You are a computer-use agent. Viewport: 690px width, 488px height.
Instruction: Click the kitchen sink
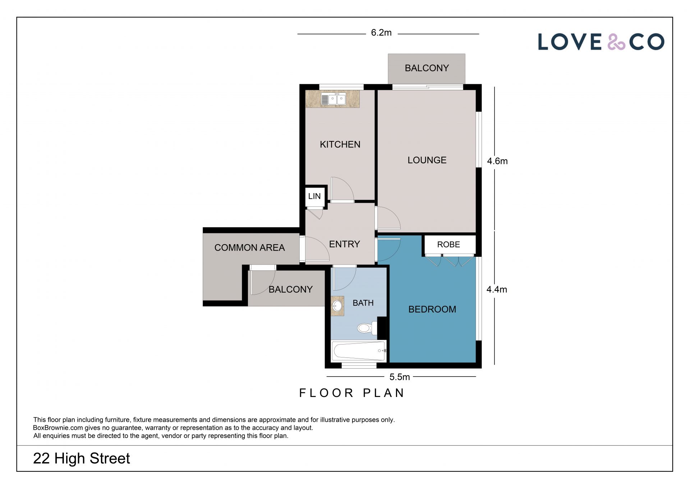[x=333, y=99]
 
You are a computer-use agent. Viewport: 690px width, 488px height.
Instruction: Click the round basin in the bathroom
[x=337, y=306]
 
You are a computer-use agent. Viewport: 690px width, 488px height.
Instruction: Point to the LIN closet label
[x=314, y=196]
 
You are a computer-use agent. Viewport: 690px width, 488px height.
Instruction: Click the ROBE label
[x=448, y=245]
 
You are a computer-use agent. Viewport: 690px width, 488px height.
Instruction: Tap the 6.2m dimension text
[x=381, y=33]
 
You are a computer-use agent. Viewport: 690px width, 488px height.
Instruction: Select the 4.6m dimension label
[x=497, y=161]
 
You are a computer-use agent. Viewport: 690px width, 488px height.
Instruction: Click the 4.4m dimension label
[x=497, y=289]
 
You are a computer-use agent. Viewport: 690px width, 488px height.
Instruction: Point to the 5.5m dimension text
[x=400, y=377]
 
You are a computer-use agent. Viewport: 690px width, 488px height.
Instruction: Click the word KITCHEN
[x=340, y=145]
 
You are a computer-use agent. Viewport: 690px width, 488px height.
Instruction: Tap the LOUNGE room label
[x=427, y=160]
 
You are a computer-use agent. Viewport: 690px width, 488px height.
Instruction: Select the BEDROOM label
[x=432, y=309]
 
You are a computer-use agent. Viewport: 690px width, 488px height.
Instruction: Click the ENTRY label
[x=345, y=244]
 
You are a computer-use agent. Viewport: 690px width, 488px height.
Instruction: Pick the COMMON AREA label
[x=249, y=248]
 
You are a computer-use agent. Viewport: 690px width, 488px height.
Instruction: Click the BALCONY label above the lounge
[x=427, y=68]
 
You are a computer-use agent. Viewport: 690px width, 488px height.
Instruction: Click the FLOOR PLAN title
[x=352, y=393]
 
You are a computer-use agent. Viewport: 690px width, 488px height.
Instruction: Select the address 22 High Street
[x=82, y=459]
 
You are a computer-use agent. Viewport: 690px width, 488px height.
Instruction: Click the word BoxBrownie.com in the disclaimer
[x=58, y=428]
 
